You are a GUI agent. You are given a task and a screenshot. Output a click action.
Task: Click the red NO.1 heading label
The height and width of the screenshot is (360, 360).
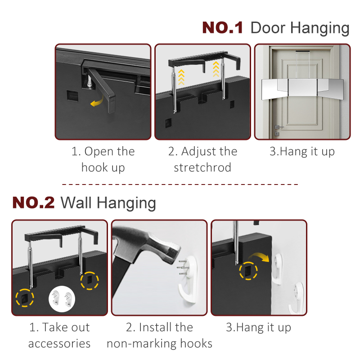tap(222, 28)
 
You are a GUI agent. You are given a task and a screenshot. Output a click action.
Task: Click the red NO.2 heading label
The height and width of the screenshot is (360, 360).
tap(33, 202)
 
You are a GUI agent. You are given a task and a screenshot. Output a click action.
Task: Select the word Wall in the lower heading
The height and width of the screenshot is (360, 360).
tap(76, 203)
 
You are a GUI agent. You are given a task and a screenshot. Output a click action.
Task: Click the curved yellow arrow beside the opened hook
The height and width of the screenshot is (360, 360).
tap(97, 102)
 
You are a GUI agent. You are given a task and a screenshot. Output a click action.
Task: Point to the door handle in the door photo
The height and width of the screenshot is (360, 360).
tap(279, 127)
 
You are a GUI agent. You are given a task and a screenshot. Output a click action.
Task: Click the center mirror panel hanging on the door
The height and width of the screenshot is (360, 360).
tap(302, 87)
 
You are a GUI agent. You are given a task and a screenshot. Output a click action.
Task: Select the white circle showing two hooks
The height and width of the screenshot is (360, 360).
tap(62, 299)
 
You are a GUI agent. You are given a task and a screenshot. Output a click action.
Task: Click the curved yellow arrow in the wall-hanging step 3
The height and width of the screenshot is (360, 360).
tap(260, 256)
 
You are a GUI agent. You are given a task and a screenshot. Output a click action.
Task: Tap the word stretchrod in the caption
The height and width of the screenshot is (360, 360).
tap(202, 167)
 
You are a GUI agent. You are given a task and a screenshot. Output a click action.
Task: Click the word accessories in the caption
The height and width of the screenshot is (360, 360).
tap(59, 343)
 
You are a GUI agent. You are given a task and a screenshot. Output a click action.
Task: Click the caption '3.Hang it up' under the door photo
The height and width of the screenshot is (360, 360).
tap(302, 152)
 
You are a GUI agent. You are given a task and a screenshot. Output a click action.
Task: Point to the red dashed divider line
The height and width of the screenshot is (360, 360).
tap(180, 184)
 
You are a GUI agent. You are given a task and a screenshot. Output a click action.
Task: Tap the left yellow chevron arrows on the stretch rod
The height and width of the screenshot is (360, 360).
tap(181, 77)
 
